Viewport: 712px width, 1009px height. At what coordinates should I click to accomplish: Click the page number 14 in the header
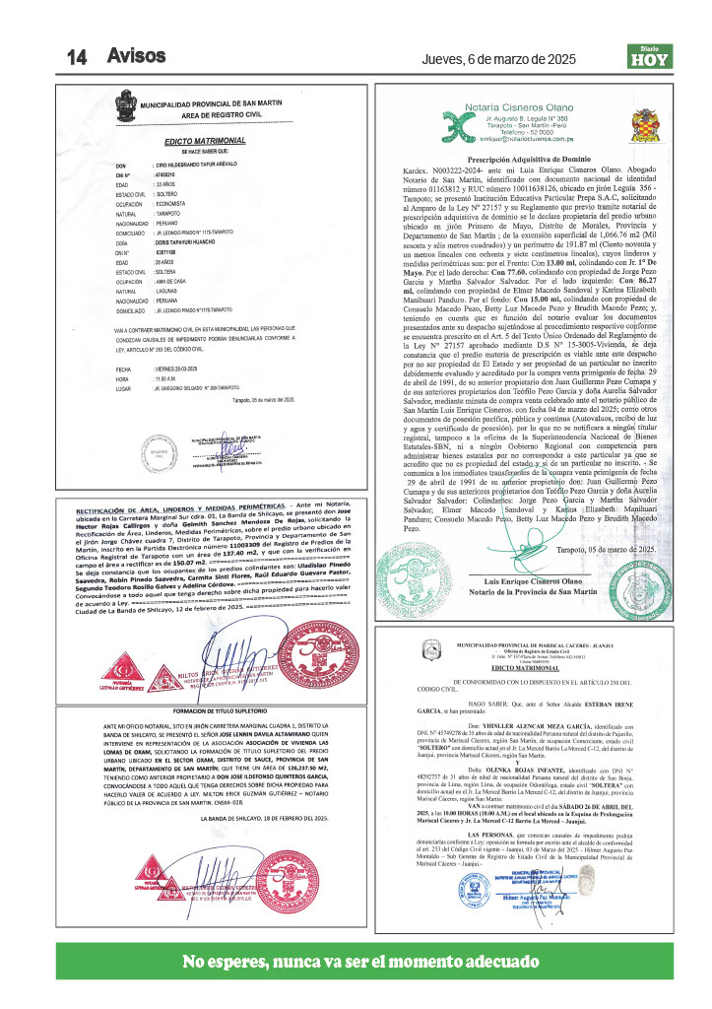click(78, 57)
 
